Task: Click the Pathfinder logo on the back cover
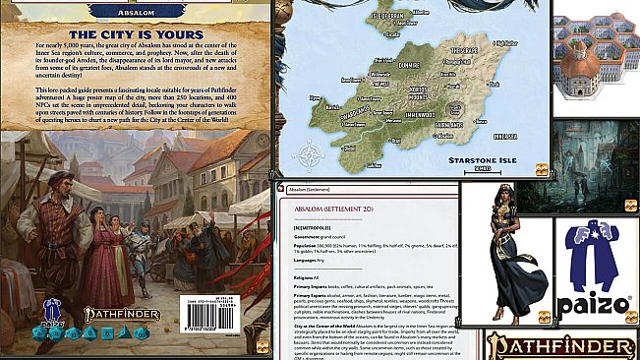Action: (112, 317)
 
